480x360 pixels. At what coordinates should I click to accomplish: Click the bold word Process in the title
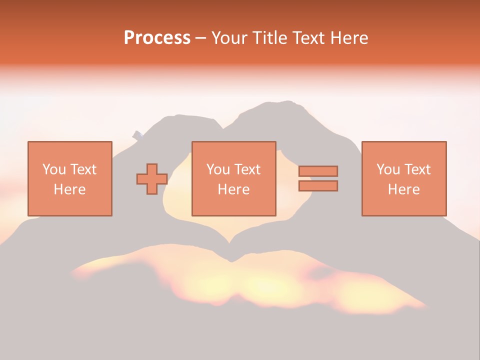pos(157,38)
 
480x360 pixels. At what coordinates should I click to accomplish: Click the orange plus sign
pos(152,179)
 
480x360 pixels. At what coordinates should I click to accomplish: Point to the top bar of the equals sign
pos(318,171)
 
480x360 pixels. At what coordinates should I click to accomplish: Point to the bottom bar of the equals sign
pos(318,185)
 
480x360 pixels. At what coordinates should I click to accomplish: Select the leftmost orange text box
pos(69,178)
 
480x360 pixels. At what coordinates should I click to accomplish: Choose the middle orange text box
pos(233,178)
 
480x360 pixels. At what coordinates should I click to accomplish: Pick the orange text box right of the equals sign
pos(403,178)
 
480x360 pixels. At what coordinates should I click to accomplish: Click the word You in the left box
pos(53,169)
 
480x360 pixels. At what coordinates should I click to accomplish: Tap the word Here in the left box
pos(69,189)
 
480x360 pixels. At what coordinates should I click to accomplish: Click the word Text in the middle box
pos(247,169)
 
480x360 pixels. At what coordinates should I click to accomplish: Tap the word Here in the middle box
pos(233,189)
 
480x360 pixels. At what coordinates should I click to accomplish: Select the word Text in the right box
pos(417,169)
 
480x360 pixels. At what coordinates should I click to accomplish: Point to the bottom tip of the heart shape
pos(231,260)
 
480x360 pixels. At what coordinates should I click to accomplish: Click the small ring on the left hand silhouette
pos(138,135)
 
